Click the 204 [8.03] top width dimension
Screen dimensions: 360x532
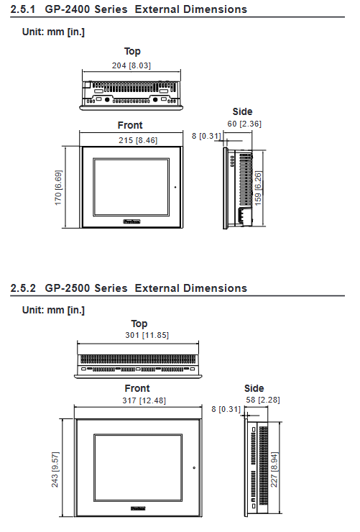131,65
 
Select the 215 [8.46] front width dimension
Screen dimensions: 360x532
138,140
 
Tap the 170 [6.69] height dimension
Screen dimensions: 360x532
58,188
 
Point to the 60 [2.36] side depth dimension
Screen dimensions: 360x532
244,124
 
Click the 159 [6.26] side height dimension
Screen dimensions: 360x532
258,188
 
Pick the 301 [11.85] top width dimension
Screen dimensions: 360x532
147,335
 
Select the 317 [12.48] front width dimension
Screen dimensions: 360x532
144,400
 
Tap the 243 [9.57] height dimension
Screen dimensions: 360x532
55,469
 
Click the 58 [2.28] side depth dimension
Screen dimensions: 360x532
263,400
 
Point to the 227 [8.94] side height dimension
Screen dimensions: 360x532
274,469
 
